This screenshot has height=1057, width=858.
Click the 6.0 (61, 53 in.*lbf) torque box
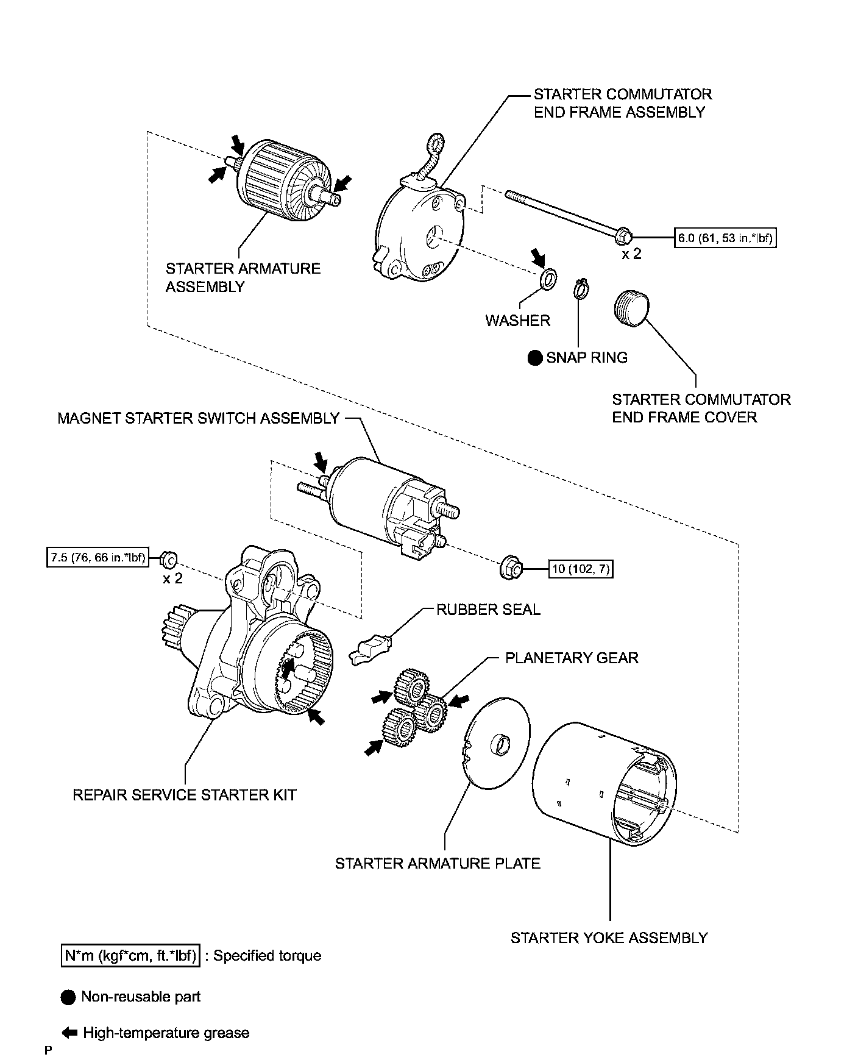tap(725, 237)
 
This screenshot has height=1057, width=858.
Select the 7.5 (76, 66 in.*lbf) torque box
tap(97, 558)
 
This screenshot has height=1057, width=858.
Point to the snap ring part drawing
tap(581, 288)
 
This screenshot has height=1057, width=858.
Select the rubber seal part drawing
tap(370, 649)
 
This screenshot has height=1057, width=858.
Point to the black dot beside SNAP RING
tap(535, 358)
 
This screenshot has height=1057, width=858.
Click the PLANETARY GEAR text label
tap(572, 658)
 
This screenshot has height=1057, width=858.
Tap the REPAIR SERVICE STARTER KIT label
tap(184, 795)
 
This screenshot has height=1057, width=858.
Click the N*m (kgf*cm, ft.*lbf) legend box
tap(131, 955)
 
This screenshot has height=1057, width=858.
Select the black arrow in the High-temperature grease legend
tap(70, 1033)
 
